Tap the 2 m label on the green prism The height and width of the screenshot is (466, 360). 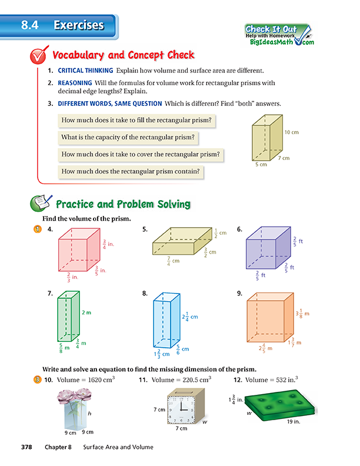tap(86, 312)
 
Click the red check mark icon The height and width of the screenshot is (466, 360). tap(39, 56)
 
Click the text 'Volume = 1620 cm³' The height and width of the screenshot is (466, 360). tap(82, 380)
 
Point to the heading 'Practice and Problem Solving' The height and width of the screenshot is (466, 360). tap(122, 205)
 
